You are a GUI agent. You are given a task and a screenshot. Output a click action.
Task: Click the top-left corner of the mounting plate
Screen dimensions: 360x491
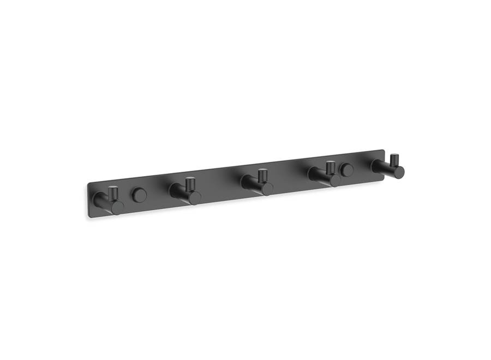pos(87,183)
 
